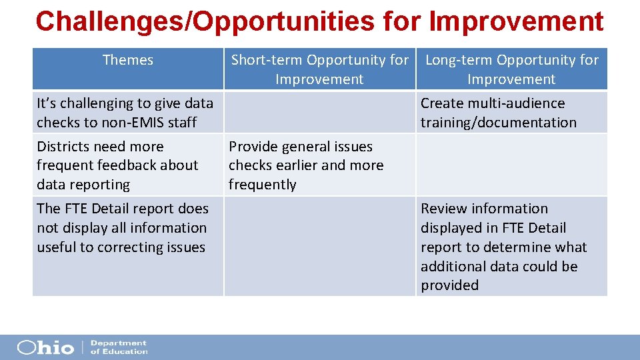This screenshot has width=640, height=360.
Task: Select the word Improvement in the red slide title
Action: tap(517, 21)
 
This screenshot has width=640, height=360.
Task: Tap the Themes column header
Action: tap(128, 60)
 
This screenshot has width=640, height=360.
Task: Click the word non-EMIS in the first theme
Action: tap(125, 123)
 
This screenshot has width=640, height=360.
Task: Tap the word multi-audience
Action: tap(513, 103)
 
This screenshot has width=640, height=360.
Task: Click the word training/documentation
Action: tap(498, 123)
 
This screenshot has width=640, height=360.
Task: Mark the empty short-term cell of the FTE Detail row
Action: tap(319, 246)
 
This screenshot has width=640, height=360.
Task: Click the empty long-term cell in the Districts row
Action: tap(511, 165)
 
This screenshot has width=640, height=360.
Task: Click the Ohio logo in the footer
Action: tap(45, 347)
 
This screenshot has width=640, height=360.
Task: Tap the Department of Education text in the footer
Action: tap(119, 347)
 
